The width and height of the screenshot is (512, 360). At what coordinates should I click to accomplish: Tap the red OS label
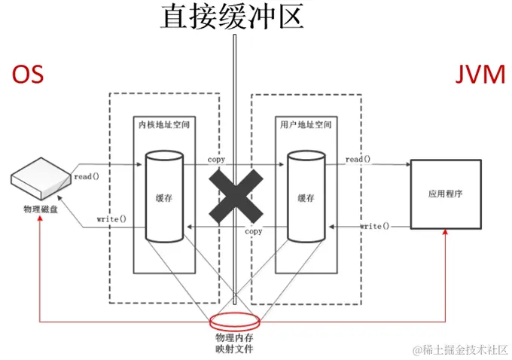[x=29, y=74]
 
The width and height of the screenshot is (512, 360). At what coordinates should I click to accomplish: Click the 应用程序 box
[x=445, y=194]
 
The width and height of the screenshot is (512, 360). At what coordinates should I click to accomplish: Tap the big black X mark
[x=236, y=192]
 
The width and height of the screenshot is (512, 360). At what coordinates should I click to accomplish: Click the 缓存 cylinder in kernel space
[x=164, y=197]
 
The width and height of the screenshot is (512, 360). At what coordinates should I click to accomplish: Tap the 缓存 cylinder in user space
[x=306, y=197]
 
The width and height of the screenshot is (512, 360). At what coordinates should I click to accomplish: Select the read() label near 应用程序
[x=358, y=160]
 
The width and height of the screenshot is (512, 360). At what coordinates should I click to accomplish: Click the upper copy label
[x=216, y=160]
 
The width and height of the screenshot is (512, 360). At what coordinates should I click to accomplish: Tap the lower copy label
[x=254, y=231]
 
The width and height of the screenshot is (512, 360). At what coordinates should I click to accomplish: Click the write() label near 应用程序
[x=374, y=226]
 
